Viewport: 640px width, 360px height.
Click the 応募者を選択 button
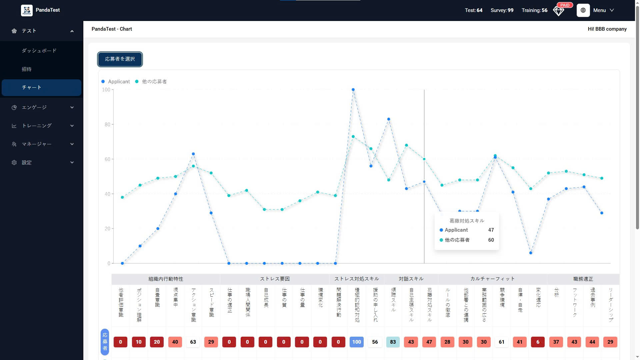[120, 59]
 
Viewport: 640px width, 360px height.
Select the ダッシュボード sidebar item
[39, 51]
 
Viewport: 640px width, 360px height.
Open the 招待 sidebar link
[27, 69]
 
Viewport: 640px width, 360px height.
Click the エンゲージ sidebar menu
[34, 107]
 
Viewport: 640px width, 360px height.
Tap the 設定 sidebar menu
[27, 163]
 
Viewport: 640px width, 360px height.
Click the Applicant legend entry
[116, 82]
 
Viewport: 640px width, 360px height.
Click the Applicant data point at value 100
[353, 90]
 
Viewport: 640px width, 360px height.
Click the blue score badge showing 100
[356, 342]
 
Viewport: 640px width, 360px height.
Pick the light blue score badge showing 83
[393, 342]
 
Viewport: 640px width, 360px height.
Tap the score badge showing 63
[193, 342]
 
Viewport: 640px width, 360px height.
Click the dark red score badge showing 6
[538, 342]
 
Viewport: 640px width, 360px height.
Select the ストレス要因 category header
[275, 279]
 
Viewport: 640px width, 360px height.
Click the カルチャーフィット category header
[492, 279]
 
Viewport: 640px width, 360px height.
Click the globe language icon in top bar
[583, 10]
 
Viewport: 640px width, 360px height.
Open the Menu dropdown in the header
[603, 10]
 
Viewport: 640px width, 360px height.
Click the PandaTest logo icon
[27, 10]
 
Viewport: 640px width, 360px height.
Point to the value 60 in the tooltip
[491, 240]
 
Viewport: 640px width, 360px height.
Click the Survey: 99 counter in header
[502, 10]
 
